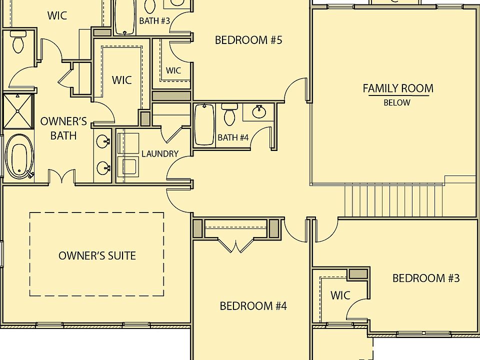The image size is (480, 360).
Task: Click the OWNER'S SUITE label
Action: [97, 255]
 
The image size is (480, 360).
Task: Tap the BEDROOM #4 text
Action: [253, 305]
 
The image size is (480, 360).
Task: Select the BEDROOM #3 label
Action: [425, 278]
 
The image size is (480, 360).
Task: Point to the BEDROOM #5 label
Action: [248, 40]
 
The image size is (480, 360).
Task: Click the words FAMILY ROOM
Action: [398, 88]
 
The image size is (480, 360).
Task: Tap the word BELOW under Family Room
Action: [397, 103]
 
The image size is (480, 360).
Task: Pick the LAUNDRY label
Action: [159, 153]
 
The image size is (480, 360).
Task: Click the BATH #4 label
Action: [233, 137]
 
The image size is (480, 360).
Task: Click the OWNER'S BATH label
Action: [63, 128]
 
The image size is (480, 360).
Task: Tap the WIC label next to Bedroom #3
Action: [340, 295]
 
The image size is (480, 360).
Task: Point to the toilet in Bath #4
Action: [230, 115]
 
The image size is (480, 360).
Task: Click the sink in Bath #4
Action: [259, 112]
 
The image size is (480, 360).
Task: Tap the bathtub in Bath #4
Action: [204, 125]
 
